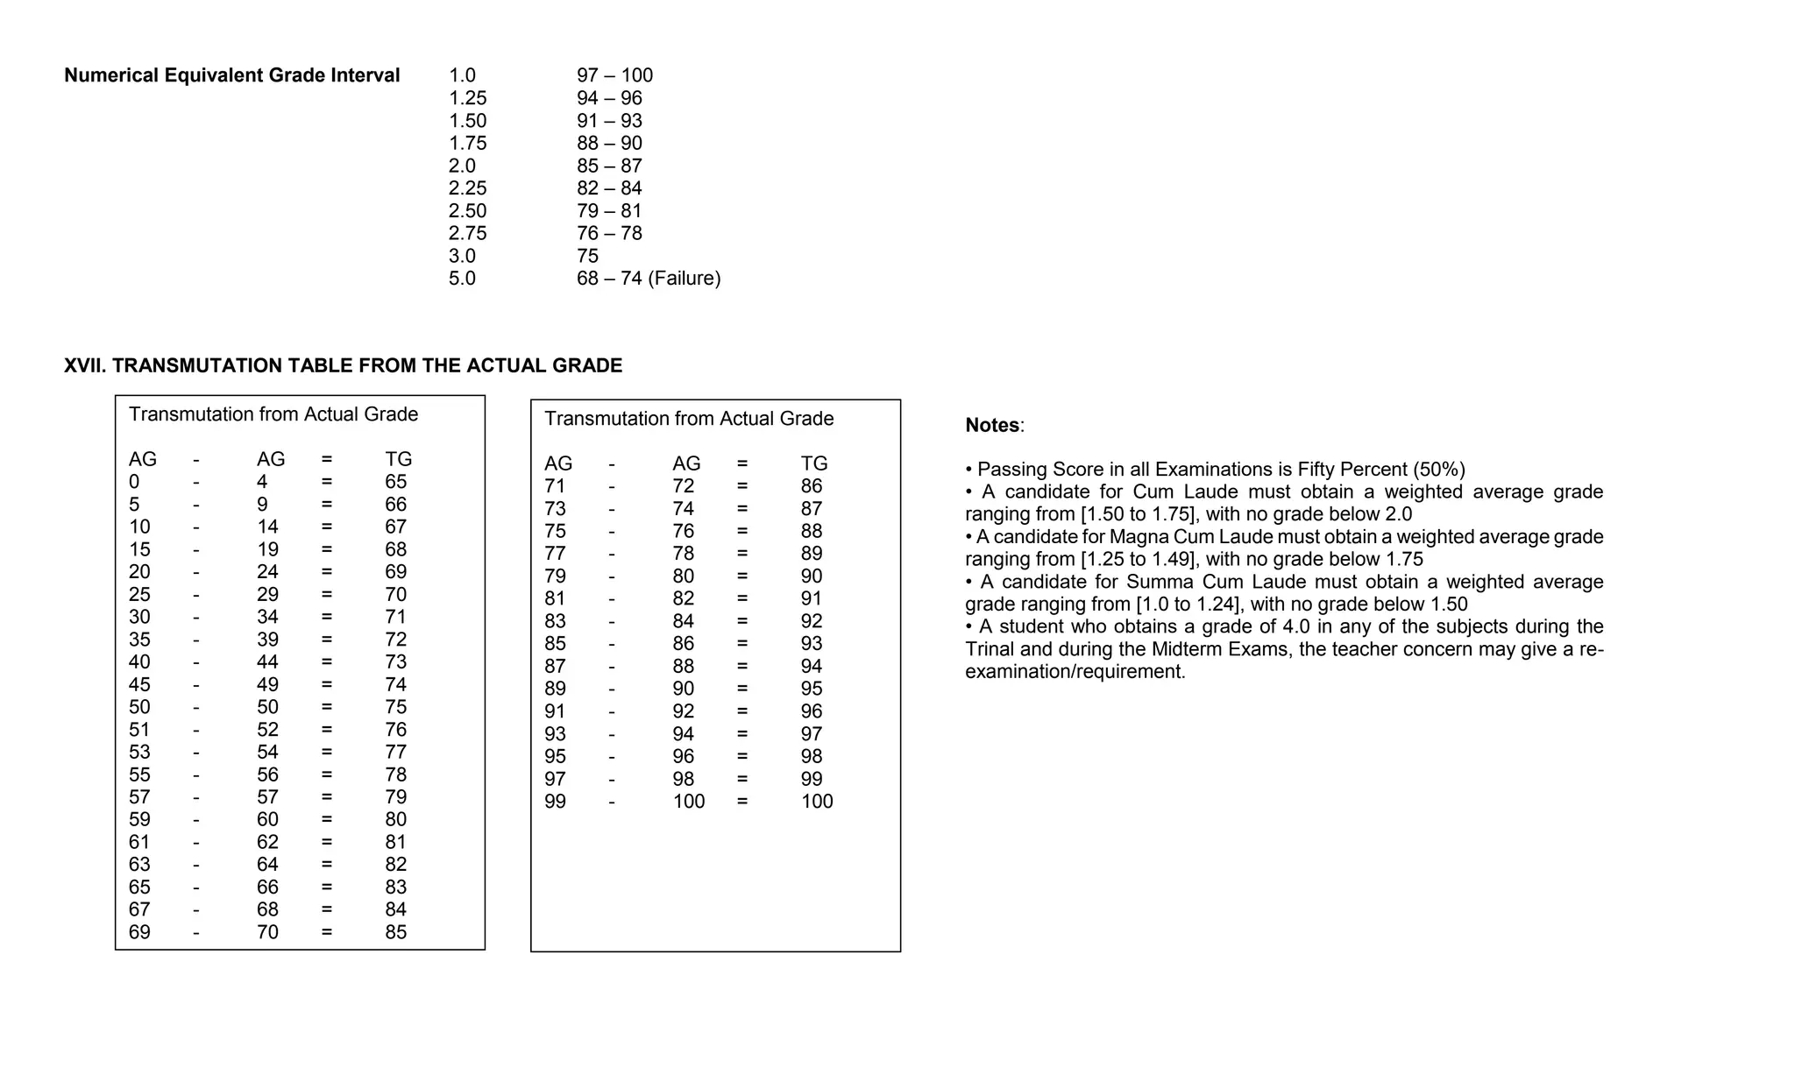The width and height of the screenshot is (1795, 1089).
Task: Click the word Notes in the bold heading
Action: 992,426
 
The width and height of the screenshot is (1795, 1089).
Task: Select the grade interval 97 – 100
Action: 614,76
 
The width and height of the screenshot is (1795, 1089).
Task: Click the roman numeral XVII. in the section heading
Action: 85,366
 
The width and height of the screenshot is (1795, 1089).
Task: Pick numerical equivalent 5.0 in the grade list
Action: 462,279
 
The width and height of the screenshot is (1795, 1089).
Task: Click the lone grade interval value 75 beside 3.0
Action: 587,256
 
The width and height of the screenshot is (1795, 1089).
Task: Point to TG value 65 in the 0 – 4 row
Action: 395,482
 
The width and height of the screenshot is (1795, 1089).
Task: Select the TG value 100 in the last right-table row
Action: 817,802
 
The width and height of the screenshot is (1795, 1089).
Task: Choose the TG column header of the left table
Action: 398,459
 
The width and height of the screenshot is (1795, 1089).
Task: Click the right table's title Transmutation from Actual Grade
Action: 689,419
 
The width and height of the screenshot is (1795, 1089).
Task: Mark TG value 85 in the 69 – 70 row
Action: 395,932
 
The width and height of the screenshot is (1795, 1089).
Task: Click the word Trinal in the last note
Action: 993,650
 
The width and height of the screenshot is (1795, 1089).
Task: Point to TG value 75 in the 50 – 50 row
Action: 395,707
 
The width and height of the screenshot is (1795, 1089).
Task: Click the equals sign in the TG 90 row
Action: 742,576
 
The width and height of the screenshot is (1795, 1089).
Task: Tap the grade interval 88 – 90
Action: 609,144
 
